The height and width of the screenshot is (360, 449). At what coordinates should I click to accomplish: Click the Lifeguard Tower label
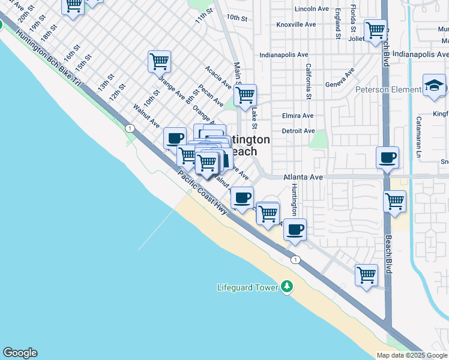(x=247, y=287)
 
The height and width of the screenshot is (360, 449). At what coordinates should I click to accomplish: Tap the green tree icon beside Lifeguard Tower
(x=288, y=287)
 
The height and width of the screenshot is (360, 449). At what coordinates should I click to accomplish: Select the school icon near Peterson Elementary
(x=433, y=86)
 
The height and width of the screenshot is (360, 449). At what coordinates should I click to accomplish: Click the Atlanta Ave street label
(x=303, y=178)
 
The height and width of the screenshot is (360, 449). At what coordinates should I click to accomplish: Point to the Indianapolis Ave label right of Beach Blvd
(x=420, y=54)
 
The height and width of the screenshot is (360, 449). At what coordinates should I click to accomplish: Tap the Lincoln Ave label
(x=312, y=9)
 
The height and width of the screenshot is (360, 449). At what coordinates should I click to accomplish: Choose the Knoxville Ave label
(x=296, y=25)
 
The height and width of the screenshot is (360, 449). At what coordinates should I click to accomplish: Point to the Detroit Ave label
(x=298, y=131)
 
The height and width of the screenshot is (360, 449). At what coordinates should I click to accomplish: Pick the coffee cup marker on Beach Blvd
(x=387, y=158)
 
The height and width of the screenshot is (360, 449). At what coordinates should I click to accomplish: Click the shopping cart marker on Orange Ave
(x=159, y=61)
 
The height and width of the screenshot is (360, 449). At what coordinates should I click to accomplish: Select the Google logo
(x=20, y=353)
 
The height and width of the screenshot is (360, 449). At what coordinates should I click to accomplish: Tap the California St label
(x=309, y=81)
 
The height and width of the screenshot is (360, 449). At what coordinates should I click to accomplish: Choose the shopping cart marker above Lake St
(x=245, y=95)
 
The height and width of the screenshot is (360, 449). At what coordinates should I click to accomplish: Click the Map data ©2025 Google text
(x=412, y=355)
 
